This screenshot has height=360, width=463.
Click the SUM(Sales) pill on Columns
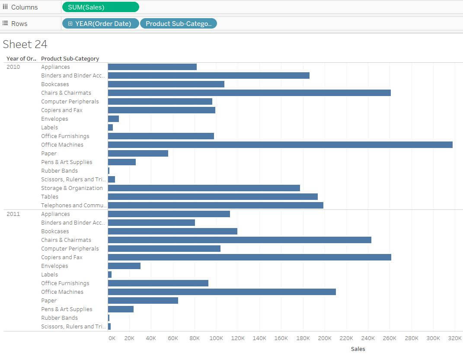[100, 7]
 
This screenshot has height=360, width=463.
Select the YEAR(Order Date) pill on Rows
[100, 23]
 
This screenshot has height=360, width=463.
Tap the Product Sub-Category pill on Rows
[178, 23]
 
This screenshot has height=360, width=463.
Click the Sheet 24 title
[25, 44]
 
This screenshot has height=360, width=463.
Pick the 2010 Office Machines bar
[280, 145]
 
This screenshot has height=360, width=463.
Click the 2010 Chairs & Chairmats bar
[249, 93]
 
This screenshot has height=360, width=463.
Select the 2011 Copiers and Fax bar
[249, 257]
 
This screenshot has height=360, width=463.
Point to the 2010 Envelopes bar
[113, 119]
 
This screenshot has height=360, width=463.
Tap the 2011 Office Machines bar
[222, 292]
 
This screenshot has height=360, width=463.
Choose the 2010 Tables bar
[213, 196]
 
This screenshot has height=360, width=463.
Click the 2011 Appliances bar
[169, 214]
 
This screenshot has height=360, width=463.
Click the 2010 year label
[13, 67]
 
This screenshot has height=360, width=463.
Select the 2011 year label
[13, 214]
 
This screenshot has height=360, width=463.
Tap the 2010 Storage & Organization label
[72, 188]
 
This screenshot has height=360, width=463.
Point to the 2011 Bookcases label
[55, 231]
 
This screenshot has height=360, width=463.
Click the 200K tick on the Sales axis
[325, 338]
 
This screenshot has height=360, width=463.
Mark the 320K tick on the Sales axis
[455, 338]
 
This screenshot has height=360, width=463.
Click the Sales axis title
[358, 349]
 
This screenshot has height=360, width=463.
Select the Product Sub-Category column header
[70, 58]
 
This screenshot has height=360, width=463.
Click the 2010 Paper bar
[138, 153]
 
